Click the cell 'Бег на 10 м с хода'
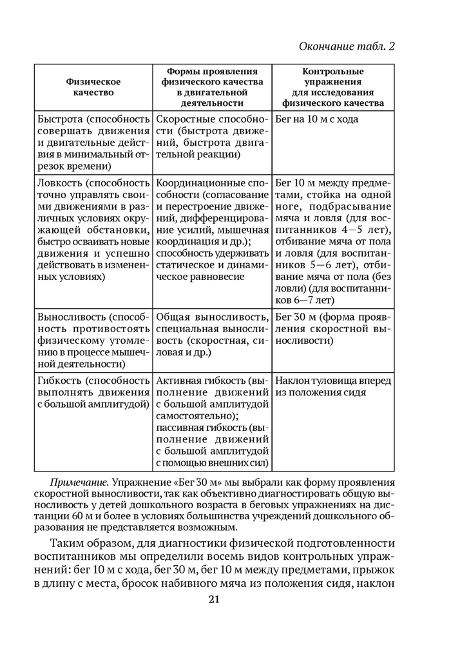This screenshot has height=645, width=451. (316, 119)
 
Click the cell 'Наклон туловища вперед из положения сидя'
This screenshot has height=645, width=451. (332, 386)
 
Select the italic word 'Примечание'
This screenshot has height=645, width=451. (79, 482)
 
